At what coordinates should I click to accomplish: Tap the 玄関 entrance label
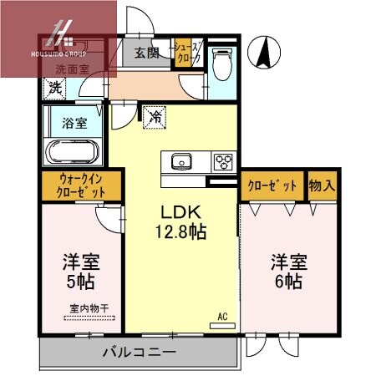(x=147, y=53)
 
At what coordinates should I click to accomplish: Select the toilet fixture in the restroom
(x=221, y=62)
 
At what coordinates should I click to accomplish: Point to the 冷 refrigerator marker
(x=155, y=118)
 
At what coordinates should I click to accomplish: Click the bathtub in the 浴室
(x=73, y=152)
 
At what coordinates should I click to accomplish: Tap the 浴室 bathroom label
(x=74, y=124)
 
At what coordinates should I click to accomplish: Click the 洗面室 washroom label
(x=72, y=69)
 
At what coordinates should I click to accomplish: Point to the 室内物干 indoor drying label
(x=88, y=307)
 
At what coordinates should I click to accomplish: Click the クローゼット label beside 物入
(x=272, y=185)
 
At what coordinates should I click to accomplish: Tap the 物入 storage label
(x=322, y=185)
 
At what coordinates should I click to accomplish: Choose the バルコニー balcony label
(x=139, y=352)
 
